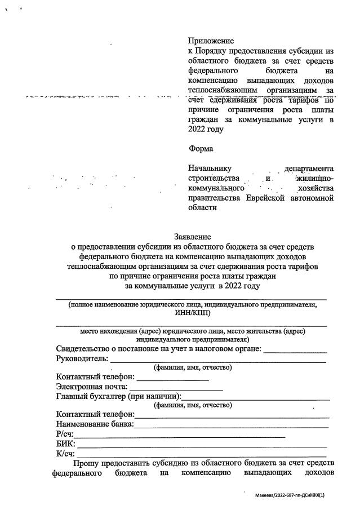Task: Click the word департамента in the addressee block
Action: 310,169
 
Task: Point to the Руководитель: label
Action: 82,358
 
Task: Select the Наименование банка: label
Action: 95,424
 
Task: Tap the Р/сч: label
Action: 65,434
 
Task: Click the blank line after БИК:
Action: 202,445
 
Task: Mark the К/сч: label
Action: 65,454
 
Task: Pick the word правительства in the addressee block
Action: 216,198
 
